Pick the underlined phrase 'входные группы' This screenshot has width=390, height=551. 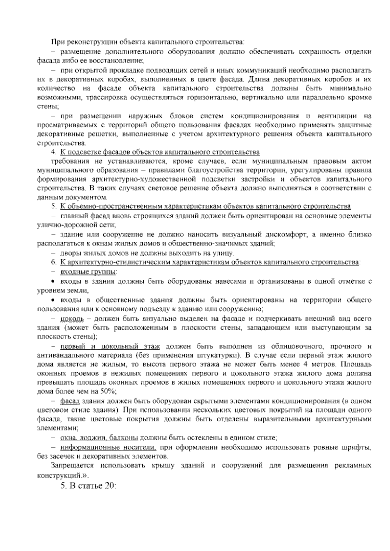coord(88,271)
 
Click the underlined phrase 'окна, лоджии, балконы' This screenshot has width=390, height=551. coord(99,438)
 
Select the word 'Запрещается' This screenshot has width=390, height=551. coord(72,466)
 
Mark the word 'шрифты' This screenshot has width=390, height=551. coord(359,448)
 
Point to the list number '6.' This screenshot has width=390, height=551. coord(54,262)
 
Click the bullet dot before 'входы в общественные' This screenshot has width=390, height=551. coord(54,300)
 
